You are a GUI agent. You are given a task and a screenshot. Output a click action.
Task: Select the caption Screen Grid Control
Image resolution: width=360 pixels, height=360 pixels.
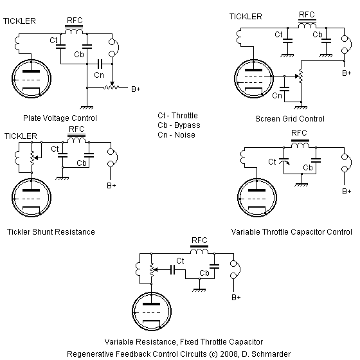(x=289, y=118)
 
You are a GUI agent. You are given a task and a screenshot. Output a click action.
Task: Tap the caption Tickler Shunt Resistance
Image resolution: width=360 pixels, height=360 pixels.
(x=51, y=231)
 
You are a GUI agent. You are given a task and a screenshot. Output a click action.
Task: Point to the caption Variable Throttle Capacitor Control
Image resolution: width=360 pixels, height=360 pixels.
(x=291, y=231)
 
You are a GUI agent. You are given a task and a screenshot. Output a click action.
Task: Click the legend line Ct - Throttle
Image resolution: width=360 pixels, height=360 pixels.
(x=179, y=115)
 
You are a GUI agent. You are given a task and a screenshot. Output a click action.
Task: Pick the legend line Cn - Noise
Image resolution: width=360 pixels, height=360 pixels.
(x=176, y=134)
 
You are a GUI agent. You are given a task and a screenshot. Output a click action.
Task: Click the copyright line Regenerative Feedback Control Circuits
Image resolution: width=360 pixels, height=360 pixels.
(x=179, y=353)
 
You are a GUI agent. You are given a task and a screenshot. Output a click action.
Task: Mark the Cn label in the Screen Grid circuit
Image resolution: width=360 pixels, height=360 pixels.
(x=276, y=96)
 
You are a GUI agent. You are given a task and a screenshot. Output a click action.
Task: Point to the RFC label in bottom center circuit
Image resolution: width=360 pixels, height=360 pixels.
(x=198, y=240)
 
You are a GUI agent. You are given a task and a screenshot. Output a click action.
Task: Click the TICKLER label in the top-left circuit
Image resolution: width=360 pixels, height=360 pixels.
(x=19, y=21)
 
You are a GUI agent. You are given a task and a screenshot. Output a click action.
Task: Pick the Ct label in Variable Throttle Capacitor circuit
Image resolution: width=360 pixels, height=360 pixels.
(x=272, y=161)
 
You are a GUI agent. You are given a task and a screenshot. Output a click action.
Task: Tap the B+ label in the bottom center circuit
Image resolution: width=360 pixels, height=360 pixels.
(x=237, y=298)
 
